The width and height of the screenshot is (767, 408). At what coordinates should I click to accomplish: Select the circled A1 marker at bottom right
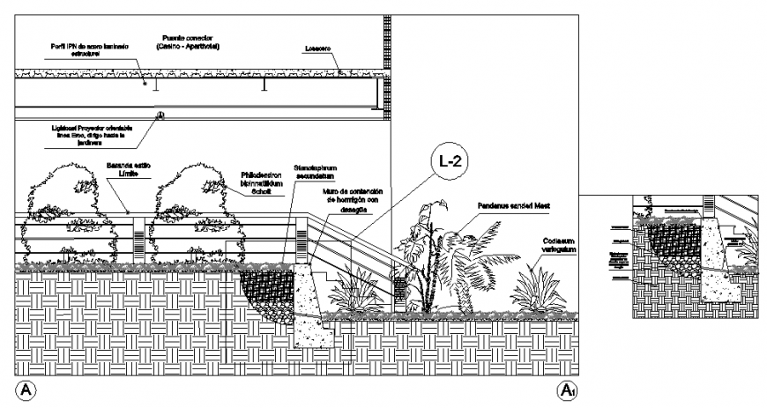[566, 389]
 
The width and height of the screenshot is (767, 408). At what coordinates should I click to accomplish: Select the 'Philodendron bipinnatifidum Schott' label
[266, 182]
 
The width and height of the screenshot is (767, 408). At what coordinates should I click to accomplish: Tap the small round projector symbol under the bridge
[160, 115]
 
